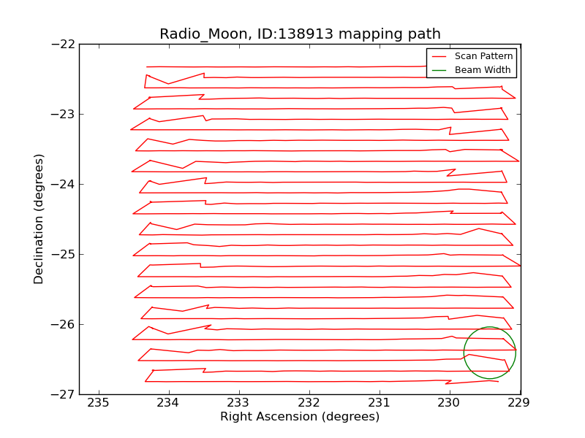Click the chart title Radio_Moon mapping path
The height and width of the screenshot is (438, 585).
[x=300, y=34]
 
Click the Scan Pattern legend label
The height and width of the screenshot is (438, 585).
[x=483, y=56]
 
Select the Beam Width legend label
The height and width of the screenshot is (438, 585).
[x=483, y=70]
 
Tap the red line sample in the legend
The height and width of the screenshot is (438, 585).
[x=439, y=56]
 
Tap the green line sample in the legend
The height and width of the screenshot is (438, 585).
[x=439, y=70]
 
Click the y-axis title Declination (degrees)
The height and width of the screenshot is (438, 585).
[x=39, y=219]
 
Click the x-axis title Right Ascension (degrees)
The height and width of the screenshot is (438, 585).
[x=300, y=417]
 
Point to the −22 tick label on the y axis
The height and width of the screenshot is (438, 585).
[x=62, y=44]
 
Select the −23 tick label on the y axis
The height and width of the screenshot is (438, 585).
[x=62, y=114]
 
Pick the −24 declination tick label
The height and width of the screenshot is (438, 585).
[x=62, y=184]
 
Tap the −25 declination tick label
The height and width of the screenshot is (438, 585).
[x=62, y=254]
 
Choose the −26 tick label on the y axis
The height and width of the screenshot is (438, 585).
[x=62, y=324]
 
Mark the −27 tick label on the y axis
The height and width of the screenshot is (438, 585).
[x=62, y=394]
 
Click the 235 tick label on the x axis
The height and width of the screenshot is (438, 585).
[x=98, y=403]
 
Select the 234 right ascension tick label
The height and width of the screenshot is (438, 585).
[x=168, y=403]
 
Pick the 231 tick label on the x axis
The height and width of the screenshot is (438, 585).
[x=379, y=403]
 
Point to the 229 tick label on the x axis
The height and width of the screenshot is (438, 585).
[x=519, y=403]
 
